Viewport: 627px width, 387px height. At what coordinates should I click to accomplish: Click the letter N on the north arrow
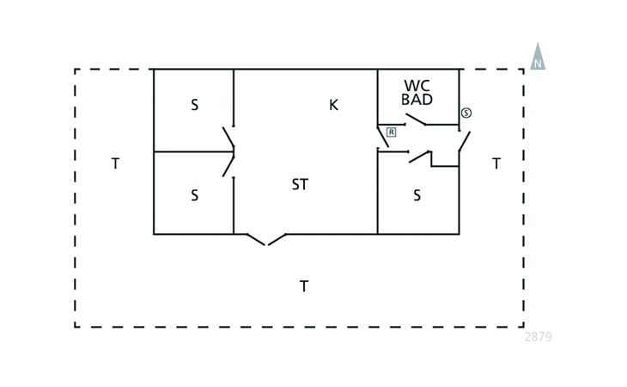[x=538, y=64]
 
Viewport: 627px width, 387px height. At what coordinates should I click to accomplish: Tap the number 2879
[x=538, y=337]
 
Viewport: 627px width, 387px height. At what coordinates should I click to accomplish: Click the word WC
[x=417, y=86]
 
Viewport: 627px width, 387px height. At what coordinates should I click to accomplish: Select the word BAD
[x=417, y=100]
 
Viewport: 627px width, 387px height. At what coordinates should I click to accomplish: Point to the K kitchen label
[x=333, y=105]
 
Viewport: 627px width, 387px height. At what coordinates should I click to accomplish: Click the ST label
[x=300, y=185]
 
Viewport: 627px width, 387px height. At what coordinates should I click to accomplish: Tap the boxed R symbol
[x=391, y=132]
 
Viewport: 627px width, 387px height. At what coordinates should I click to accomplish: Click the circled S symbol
[x=466, y=113]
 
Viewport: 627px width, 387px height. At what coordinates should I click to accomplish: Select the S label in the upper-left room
[x=194, y=105]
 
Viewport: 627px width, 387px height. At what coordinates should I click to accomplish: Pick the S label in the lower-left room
[x=194, y=195]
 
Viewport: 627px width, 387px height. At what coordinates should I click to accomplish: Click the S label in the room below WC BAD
[x=417, y=195]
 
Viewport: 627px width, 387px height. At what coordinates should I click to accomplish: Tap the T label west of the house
[x=115, y=163]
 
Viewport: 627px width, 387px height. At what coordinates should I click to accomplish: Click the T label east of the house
[x=496, y=163]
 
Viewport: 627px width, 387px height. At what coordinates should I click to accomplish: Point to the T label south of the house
[x=303, y=286]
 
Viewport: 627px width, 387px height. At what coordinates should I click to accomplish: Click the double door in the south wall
[x=266, y=239]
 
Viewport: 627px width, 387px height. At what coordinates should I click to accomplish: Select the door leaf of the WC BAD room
[x=417, y=120]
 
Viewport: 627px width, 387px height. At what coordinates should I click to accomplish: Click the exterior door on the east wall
[x=464, y=141]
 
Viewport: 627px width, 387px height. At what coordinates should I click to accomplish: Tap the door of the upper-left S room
[x=228, y=138]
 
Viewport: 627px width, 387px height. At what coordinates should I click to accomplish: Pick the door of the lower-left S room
[x=228, y=165]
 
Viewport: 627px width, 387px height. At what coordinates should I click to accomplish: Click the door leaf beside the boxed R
[x=382, y=136]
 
